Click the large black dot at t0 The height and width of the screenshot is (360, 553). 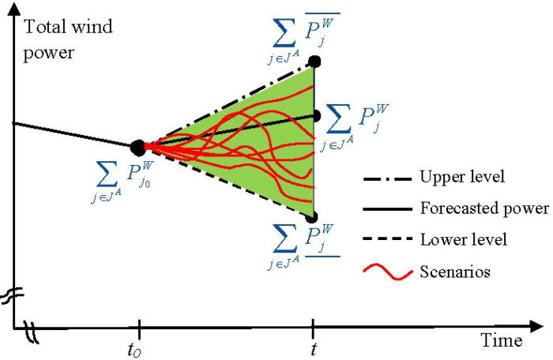137,146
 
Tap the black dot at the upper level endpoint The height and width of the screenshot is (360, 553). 314,61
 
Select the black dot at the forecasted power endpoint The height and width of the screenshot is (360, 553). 315,115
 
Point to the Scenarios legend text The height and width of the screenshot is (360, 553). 455,272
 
